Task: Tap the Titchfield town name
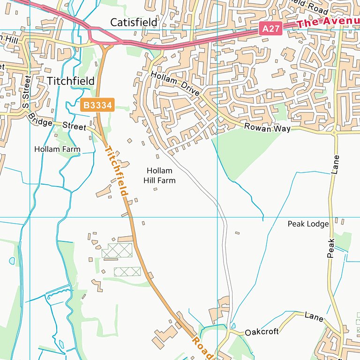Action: point(71,81)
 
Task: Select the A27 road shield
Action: point(271,29)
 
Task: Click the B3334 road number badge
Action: point(97,105)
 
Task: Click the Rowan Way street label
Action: point(267,128)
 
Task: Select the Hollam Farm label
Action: point(57,149)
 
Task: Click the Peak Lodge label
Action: point(308,224)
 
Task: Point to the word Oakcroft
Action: point(262,331)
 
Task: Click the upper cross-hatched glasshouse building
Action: point(117,251)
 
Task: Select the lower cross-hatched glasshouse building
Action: point(127,271)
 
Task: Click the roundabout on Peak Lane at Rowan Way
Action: point(334,133)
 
